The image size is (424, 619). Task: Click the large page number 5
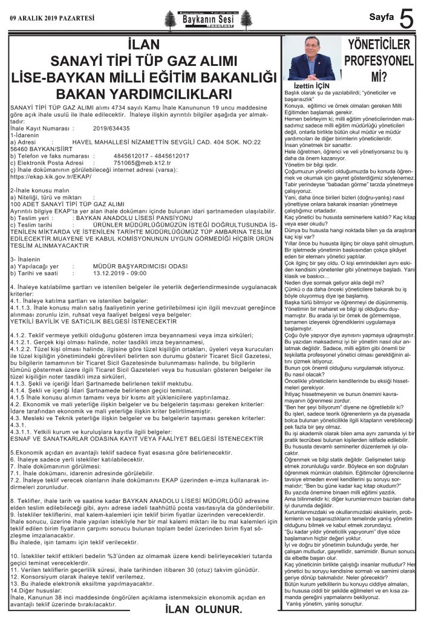pos(408,19)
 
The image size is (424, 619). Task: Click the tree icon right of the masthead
pos(245,20)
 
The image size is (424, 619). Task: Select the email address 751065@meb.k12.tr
pos(134,163)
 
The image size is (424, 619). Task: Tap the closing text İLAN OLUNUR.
pos(203,609)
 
